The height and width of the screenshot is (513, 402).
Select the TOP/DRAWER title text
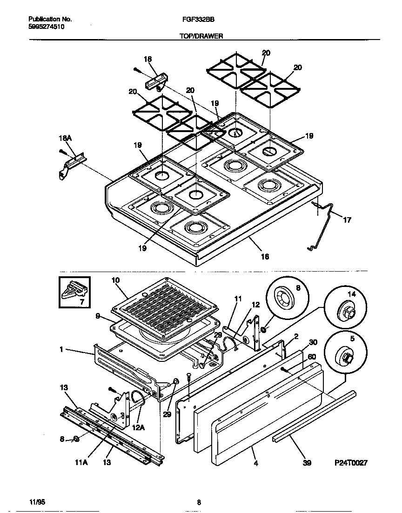[x=201, y=35]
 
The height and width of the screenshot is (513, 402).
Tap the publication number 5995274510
[x=47, y=27]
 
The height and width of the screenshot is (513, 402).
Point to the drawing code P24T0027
[x=351, y=463]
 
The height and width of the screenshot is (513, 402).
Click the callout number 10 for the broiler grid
[x=116, y=280]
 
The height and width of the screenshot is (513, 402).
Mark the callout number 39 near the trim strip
[x=306, y=463]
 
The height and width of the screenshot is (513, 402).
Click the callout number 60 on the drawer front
[x=311, y=356]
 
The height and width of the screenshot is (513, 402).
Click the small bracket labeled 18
[x=155, y=83]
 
